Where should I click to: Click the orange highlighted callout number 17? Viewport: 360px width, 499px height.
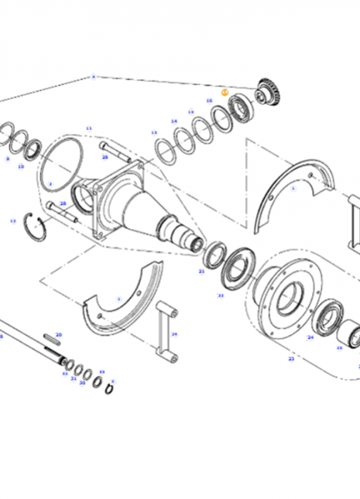(x=225, y=92)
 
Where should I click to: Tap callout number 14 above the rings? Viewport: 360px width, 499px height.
(x=174, y=121)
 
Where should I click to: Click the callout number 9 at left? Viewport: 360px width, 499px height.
(x=7, y=159)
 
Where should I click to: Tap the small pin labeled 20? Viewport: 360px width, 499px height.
(x=52, y=337)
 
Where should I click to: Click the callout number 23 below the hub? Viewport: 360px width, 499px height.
(x=291, y=358)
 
